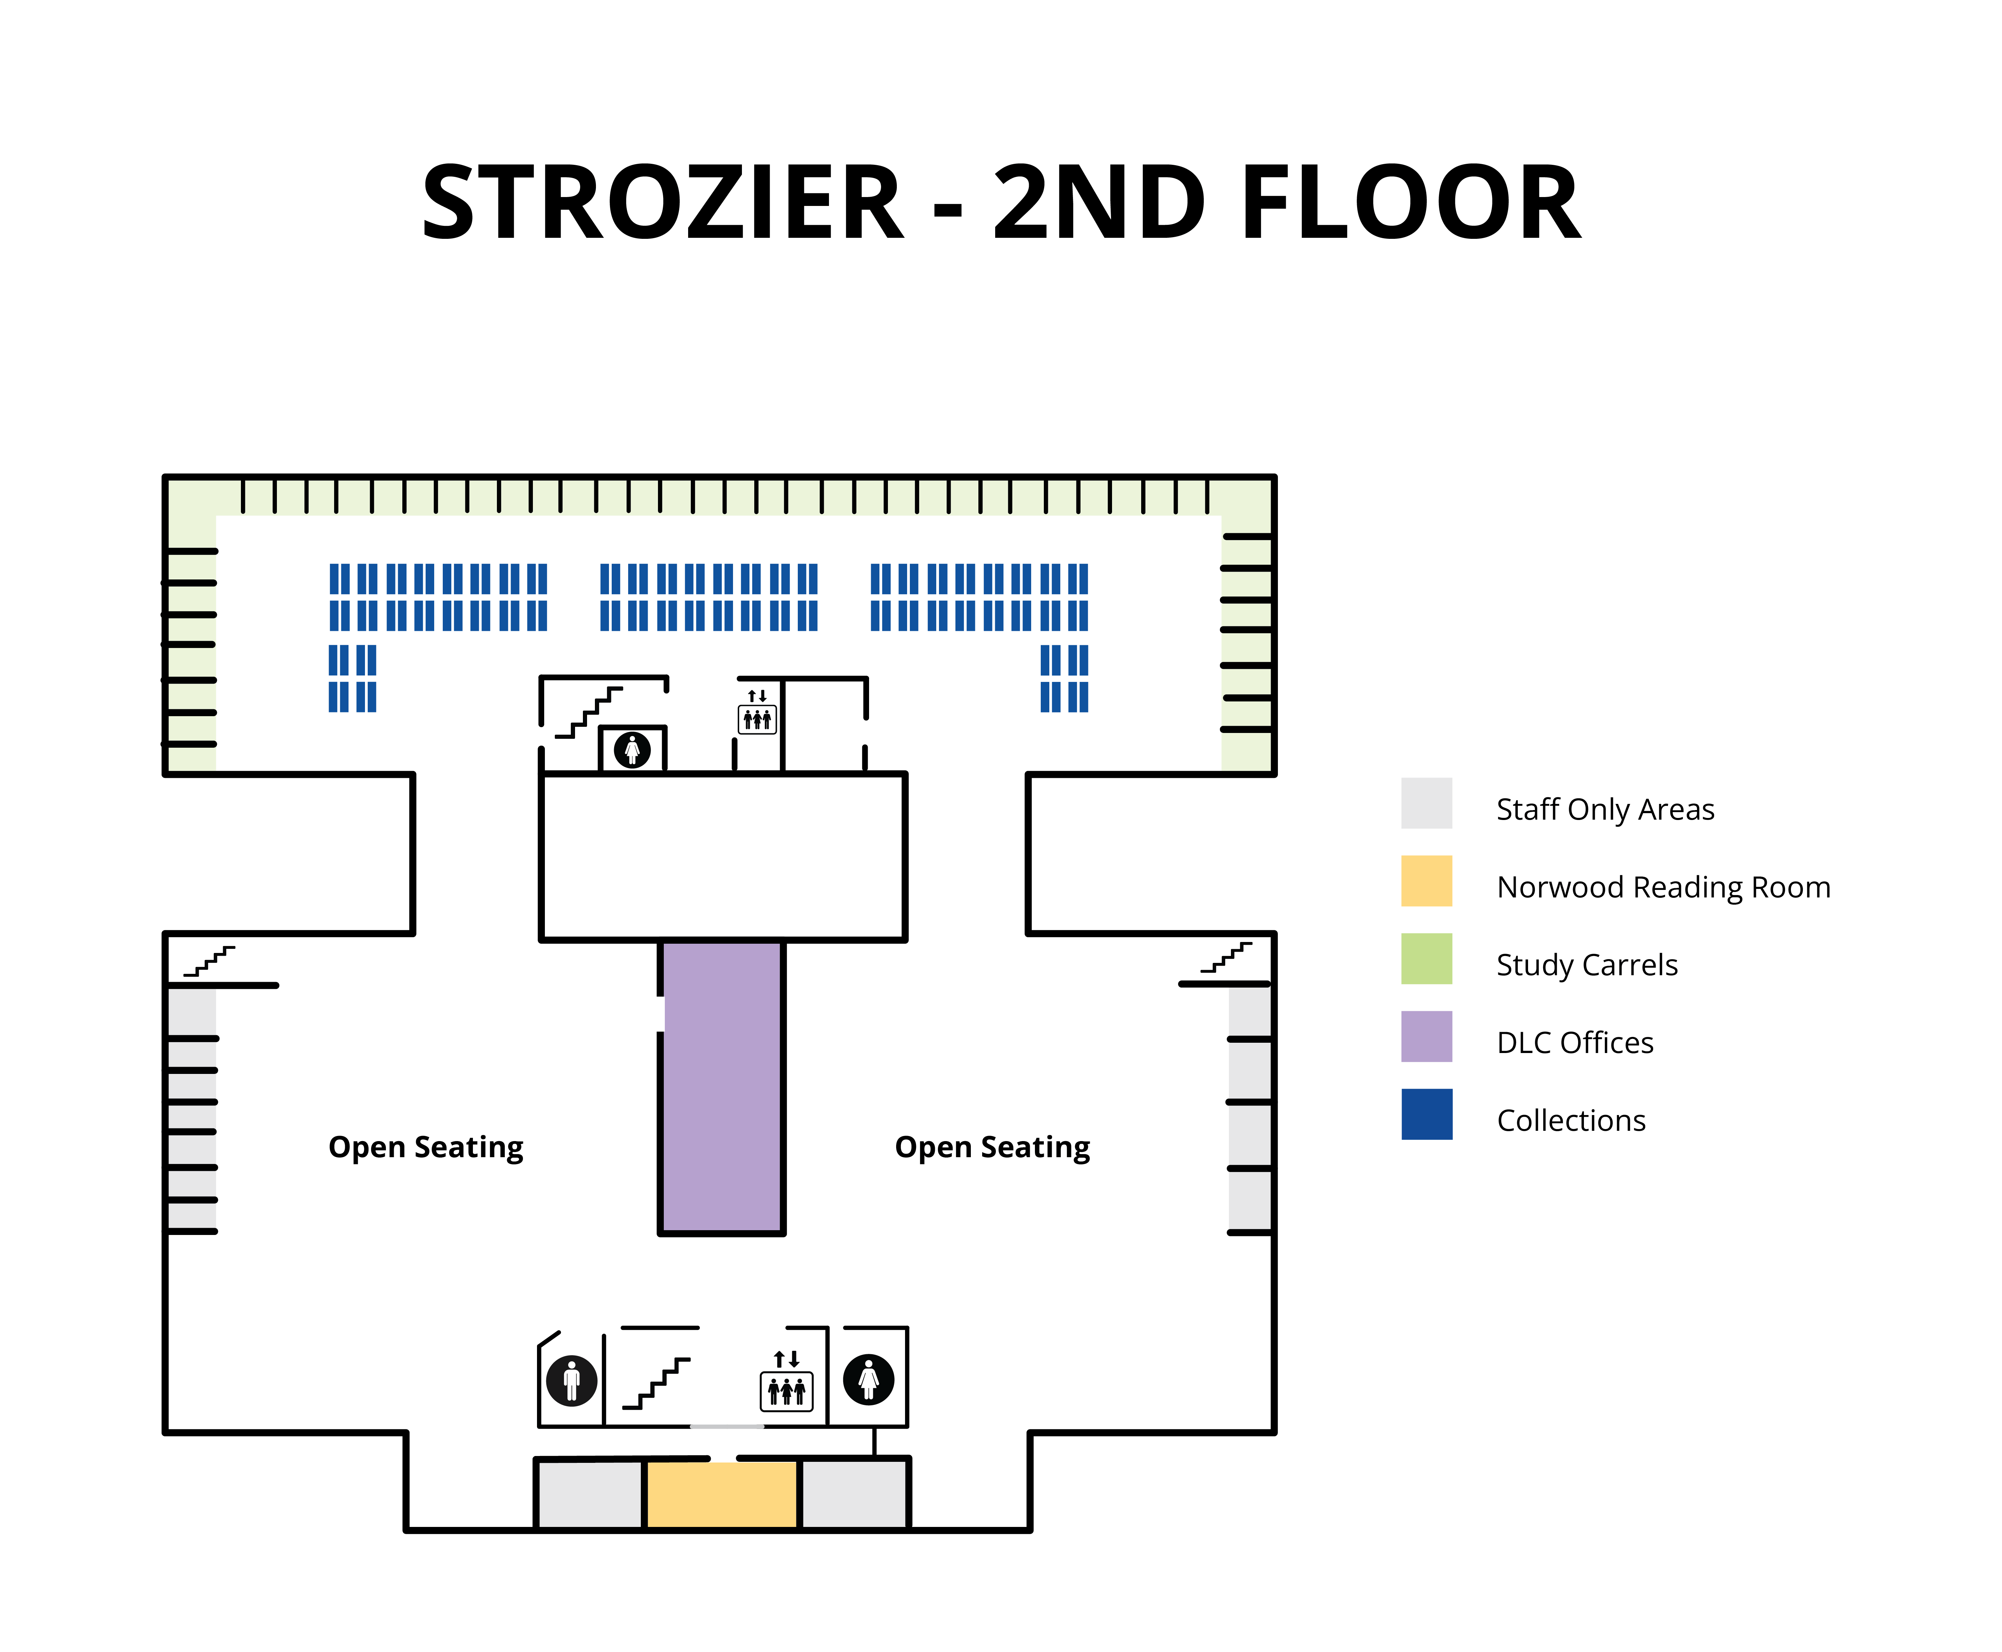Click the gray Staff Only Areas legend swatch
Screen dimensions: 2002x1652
1426,803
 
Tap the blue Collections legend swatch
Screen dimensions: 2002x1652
1426,1114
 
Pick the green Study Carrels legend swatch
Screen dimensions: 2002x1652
1426,958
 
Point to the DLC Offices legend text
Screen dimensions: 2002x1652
1575,1043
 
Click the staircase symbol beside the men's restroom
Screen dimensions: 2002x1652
657,1383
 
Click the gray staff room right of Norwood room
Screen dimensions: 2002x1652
854,1494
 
